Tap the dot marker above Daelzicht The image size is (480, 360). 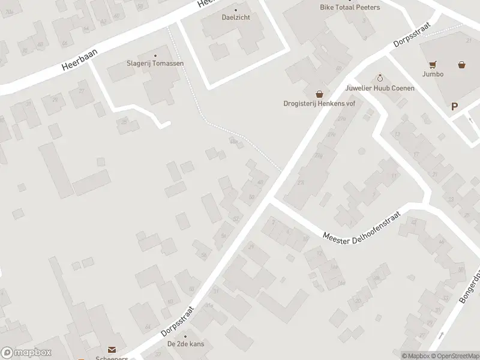tap(235, 10)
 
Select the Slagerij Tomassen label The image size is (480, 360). tap(155, 63)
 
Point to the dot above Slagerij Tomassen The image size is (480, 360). tap(155, 55)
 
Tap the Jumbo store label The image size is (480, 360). tap(432, 74)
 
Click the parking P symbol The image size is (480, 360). tap(454, 107)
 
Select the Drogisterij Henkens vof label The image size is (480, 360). tap(319, 103)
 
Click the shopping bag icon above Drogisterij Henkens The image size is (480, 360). tap(319, 94)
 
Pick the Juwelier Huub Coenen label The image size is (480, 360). tap(380, 88)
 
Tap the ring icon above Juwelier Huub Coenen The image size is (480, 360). tap(380, 79)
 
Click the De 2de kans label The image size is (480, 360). tap(185, 345)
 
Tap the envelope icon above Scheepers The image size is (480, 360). tap(111, 349)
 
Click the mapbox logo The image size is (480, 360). tap(26, 353)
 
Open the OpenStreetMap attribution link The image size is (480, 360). tap(454, 356)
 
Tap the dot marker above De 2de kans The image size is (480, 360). tap(185, 337)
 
